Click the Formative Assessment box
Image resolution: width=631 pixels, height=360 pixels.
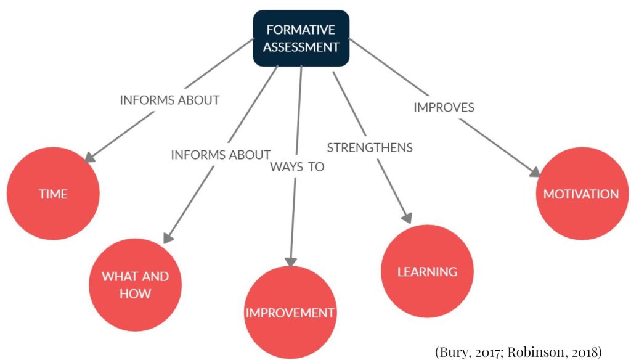(301, 38)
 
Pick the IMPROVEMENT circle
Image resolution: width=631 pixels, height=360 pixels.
(290, 313)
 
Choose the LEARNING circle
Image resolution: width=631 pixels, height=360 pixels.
(427, 272)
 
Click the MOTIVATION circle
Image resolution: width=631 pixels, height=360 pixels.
(581, 194)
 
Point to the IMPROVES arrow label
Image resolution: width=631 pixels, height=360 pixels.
(444, 107)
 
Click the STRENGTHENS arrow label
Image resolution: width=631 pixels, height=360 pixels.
(370, 147)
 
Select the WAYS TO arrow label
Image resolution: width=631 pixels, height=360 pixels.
(297, 167)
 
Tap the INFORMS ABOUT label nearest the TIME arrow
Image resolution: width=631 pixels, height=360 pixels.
(169, 100)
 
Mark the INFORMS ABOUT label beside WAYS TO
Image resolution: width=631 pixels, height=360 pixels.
(221, 155)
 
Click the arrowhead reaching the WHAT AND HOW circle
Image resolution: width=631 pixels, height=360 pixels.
(169, 237)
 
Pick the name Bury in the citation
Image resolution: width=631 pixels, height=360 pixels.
(458, 352)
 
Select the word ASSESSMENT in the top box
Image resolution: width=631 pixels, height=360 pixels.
(301, 46)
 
